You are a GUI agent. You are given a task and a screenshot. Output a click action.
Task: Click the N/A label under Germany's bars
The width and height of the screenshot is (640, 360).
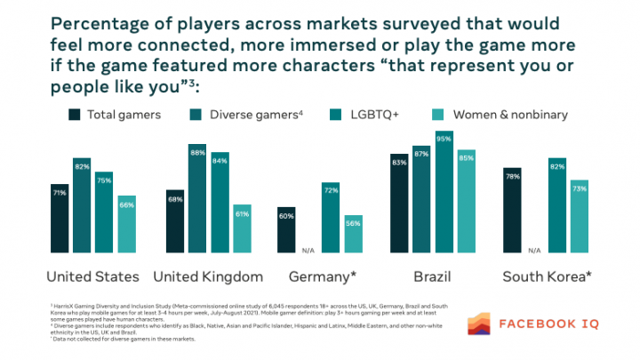coord(309,248)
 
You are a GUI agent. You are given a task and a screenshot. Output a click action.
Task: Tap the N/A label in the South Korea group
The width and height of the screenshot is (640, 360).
coord(535,248)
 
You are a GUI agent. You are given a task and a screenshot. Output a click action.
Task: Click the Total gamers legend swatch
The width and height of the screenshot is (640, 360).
coord(75,114)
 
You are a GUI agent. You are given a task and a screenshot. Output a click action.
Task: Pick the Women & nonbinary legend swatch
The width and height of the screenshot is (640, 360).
coord(437,114)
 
